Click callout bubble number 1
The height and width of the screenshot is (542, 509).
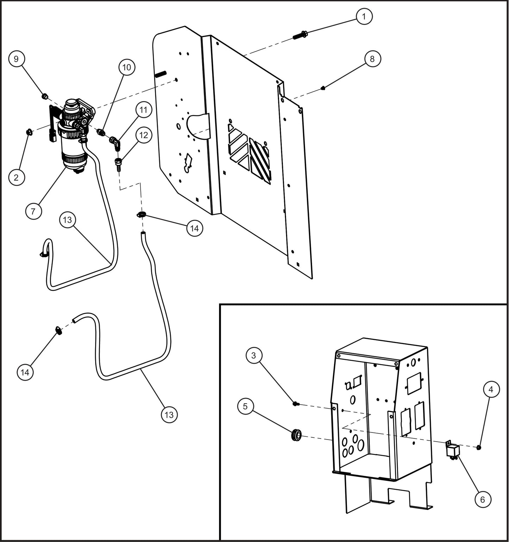click(364, 16)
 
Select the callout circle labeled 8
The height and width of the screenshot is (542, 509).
click(372, 58)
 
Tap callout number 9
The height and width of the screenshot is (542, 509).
click(16, 58)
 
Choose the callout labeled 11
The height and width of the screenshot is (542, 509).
click(143, 110)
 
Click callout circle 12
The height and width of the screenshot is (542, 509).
click(143, 135)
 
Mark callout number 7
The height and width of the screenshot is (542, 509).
click(33, 211)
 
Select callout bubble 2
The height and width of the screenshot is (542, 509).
click(16, 177)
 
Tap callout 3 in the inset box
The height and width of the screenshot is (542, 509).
click(254, 355)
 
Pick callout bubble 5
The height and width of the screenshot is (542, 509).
click(245, 406)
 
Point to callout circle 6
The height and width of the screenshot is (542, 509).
click(482, 499)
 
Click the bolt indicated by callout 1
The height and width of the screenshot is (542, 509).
click(300, 35)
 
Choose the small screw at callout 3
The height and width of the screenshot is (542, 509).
click(296, 404)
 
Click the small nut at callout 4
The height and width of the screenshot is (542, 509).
click(479, 447)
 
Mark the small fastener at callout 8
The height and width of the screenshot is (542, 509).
click(323, 88)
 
